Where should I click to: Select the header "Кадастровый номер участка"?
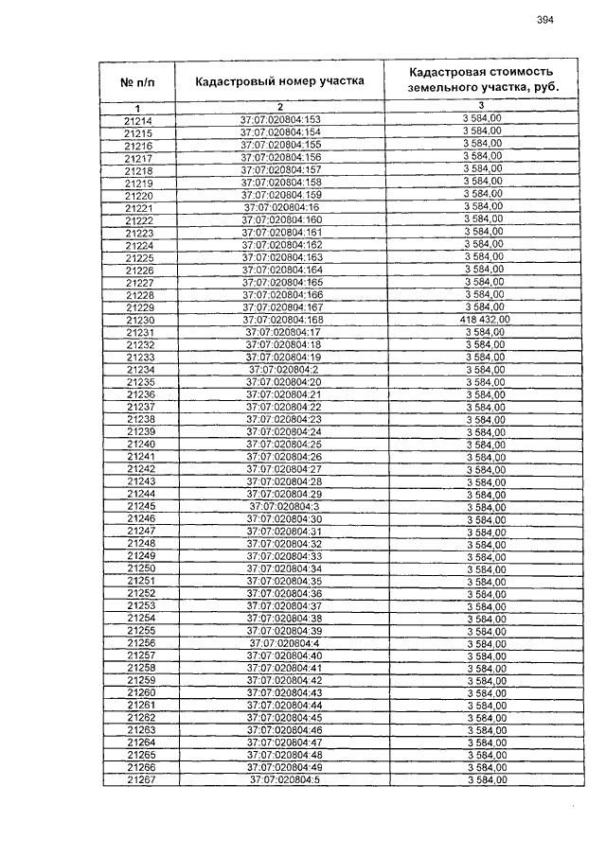click(x=280, y=81)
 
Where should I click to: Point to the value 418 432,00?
click(x=483, y=320)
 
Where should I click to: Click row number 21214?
click(x=138, y=121)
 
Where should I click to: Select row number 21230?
click(x=138, y=320)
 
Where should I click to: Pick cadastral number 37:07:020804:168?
click(x=282, y=320)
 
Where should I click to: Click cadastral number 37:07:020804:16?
click(x=282, y=207)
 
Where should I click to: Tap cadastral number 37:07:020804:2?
click(x=282, y=370)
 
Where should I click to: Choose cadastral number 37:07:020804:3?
click(x=282, y=506)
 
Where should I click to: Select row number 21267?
click(x=139, y=780)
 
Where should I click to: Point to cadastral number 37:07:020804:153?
click(x=280, y=120)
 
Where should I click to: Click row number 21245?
click(x=139, y=506)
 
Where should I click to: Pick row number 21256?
click(x=139, y=643)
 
